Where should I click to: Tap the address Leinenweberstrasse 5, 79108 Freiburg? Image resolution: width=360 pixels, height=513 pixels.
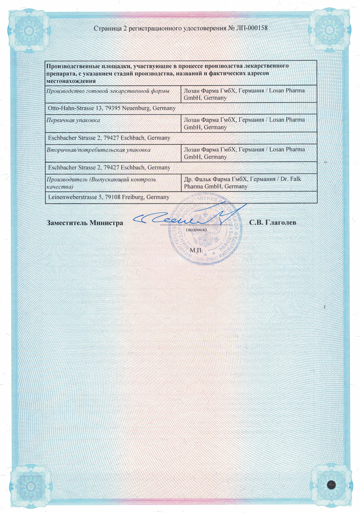pyautogui.click(x=107, y=198)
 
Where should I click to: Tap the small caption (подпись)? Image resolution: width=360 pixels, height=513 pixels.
pyautogui.click(x=196, y=230)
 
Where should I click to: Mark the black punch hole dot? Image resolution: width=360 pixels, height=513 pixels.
pyautogui.click(x=332, y=484)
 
